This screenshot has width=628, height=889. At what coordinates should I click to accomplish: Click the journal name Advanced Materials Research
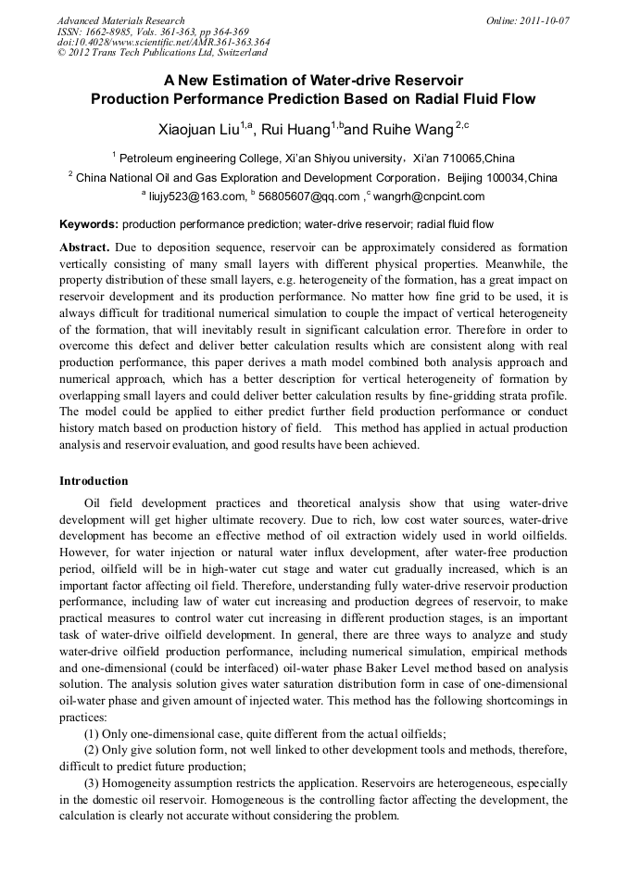point(120,20)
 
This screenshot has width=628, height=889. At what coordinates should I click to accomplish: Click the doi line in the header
point(163,43)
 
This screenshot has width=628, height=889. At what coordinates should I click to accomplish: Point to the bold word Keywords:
point(89,224)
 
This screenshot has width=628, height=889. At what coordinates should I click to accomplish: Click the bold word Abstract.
point(84,248)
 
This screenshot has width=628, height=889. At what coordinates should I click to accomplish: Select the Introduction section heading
point(94,481)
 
